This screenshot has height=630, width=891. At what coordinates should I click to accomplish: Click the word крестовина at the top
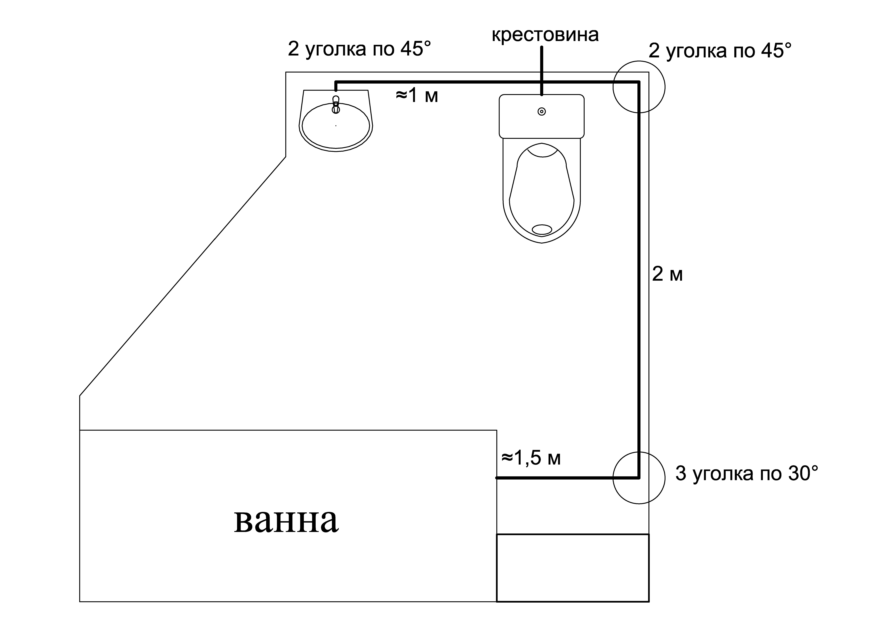point(545,35)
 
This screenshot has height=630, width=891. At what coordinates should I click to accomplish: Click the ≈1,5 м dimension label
point(531,458)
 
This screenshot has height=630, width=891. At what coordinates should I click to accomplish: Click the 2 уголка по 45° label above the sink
point(359,49)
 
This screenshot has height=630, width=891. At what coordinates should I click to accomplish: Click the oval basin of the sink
point(336,126)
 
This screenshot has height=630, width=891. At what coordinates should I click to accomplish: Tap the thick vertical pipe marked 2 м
point(638,280)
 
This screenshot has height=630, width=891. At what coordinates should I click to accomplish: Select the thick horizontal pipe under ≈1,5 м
point(567,478)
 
